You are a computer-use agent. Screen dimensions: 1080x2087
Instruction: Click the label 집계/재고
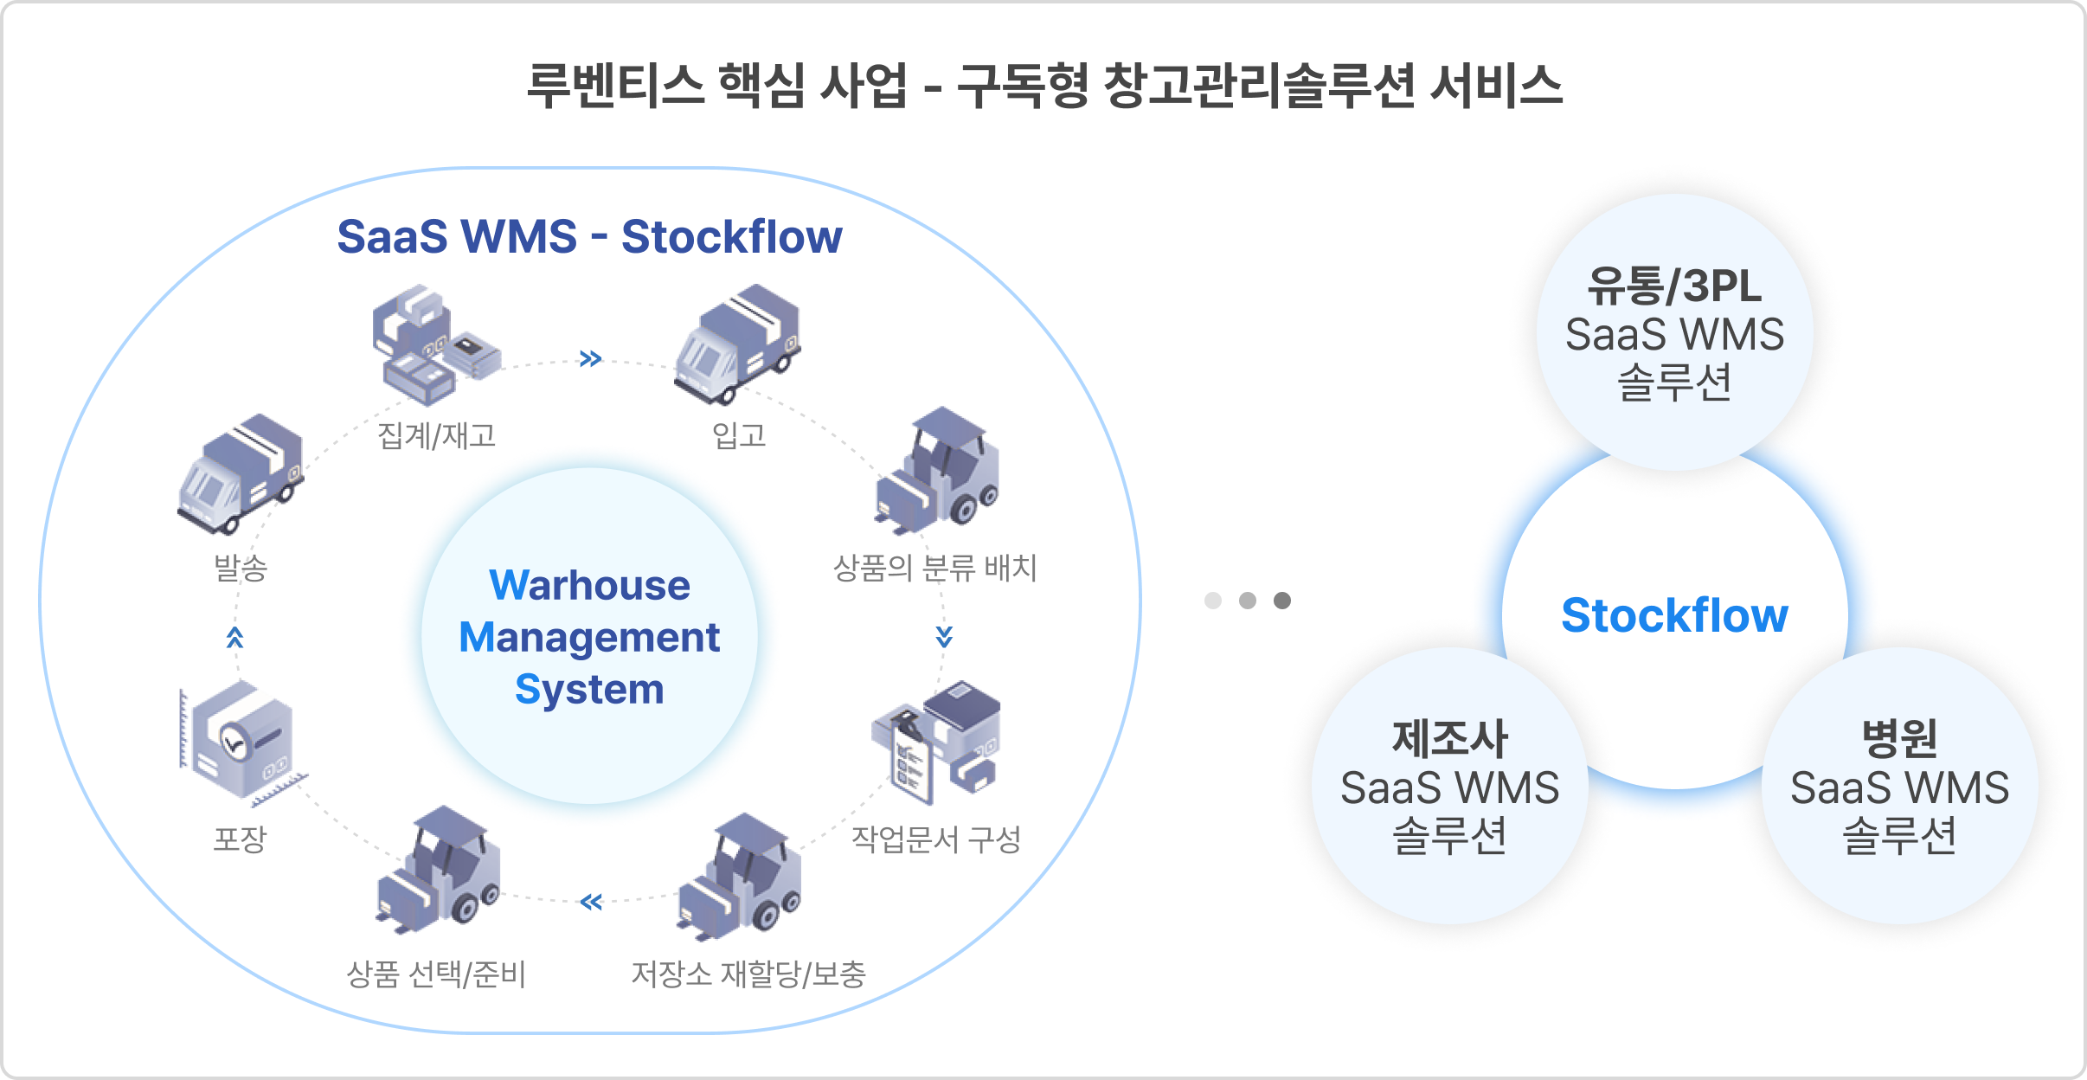point(436,435)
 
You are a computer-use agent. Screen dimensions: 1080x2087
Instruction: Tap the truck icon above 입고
point(738,344)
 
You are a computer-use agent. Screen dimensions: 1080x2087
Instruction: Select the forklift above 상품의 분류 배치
point(938,471)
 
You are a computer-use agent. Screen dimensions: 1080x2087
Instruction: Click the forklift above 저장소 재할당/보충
point(741,877)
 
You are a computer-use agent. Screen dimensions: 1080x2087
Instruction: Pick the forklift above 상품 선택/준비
point(439,869)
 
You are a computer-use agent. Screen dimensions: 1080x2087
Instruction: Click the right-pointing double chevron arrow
point(590,358)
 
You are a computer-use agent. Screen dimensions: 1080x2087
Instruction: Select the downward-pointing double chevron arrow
point(944,637)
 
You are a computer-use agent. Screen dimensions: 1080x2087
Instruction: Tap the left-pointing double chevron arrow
point(591,903)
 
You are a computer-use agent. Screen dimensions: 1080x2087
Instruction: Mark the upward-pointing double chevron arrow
point(234,638)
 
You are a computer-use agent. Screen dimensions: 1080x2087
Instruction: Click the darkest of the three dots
point(1282,601)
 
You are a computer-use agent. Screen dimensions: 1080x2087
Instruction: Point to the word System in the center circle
point(589,690)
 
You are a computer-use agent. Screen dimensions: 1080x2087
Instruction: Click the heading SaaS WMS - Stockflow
point(589,237)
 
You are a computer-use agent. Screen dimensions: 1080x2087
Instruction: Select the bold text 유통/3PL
point(1674,286)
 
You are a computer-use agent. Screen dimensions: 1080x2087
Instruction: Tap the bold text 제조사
point(1450,739)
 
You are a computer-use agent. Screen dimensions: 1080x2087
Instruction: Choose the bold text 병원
point(1899,739)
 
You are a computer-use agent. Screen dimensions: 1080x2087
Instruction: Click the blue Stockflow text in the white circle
point(1674,616)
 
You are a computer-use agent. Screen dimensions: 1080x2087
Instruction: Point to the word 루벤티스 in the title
point(615,86)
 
